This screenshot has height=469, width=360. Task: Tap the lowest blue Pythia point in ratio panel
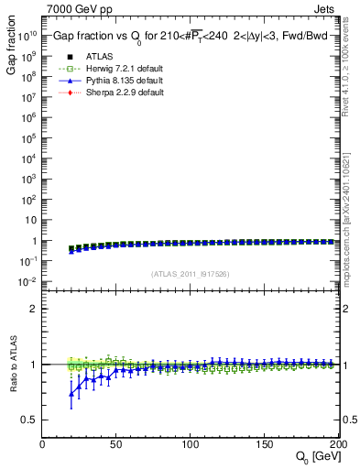(x=72, y=395)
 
